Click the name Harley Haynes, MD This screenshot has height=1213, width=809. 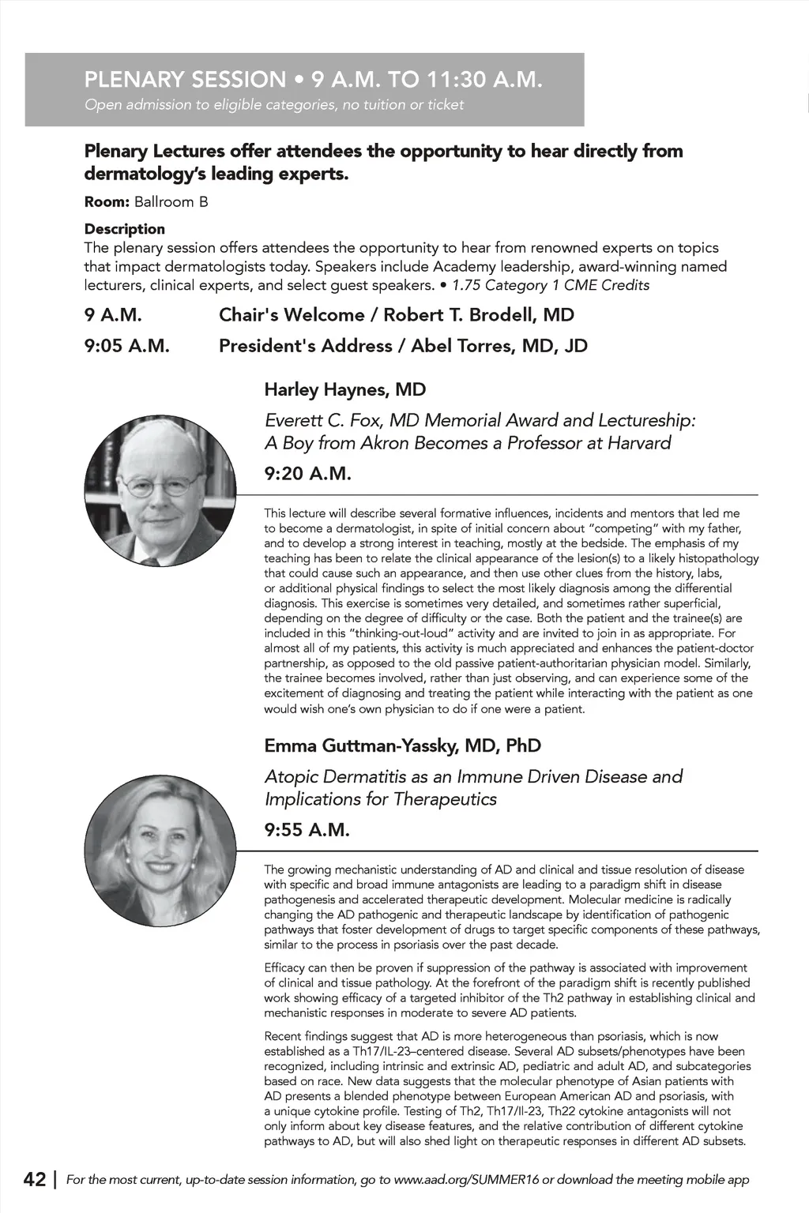[x=345, y=389]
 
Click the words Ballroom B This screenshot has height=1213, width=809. [x=171, y=202]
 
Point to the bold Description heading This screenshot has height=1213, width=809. [x=125, y=229]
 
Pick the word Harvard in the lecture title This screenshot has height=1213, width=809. [x=639, y=443]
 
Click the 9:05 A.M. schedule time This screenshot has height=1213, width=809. [x=127, y=346]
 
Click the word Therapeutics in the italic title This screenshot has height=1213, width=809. [x=447, y=799]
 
